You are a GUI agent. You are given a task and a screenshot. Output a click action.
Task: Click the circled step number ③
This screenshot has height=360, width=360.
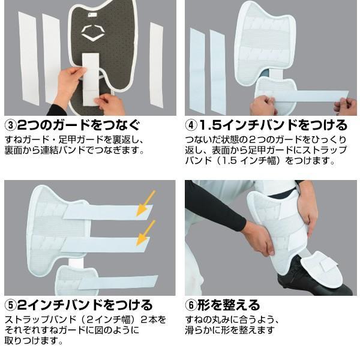[10, 125]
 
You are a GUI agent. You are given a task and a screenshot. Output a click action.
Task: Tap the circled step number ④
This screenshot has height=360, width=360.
[191, 125]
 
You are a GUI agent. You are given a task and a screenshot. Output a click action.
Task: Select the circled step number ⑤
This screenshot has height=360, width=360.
[10, 305]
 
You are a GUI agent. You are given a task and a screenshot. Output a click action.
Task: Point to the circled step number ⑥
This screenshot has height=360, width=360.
[191, 305]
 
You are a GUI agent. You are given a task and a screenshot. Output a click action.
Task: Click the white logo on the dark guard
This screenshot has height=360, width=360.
[93, 33]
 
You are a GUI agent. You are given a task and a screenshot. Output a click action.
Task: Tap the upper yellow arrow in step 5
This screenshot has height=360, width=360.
[145, 203]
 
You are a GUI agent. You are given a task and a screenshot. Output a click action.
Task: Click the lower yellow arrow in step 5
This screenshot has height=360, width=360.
[145, 233]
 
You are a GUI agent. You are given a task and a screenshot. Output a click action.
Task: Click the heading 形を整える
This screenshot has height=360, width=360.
[229, 305]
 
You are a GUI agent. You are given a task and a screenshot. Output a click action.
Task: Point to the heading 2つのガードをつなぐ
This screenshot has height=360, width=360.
[79, 125]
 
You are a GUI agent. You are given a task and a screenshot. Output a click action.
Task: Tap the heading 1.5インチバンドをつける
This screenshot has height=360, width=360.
[273, 125]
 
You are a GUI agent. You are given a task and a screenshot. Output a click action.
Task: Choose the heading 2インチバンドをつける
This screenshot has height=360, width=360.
[85, 305]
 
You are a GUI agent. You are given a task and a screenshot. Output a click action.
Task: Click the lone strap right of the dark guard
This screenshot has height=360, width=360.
[157, 64]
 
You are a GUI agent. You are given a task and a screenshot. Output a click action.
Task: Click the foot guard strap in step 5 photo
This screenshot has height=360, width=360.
[118, 282]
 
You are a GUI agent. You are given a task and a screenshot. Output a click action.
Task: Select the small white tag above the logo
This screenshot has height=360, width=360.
[93, 15]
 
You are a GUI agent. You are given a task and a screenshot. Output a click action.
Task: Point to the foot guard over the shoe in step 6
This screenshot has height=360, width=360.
[322, 271]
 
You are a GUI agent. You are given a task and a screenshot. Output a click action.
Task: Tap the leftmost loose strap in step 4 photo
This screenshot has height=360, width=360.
[197, 71]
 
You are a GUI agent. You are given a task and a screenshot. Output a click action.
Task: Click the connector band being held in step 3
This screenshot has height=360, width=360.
[91, 79]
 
